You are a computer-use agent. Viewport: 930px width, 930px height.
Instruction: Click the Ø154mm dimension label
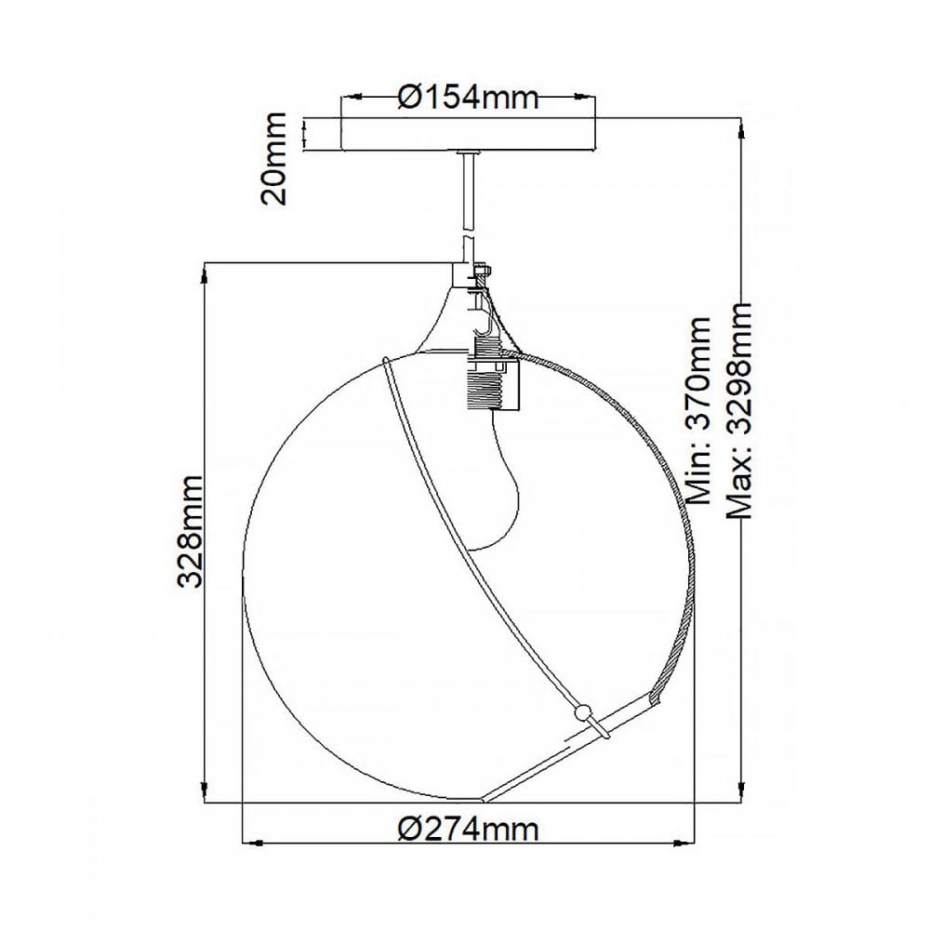(x=468, y=96)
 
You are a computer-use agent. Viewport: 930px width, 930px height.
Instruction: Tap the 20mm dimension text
(x=273, y=158)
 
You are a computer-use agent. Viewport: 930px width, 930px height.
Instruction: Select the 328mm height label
(x=191, y=531)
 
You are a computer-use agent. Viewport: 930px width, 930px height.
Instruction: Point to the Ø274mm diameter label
(x=468, y=830)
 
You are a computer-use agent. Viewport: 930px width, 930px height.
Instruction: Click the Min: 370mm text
(x=697, y=410)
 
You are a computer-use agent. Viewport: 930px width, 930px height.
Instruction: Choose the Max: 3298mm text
(x=739, y=410)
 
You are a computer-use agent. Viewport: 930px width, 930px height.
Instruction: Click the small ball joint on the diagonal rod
(x=584, y=711)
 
